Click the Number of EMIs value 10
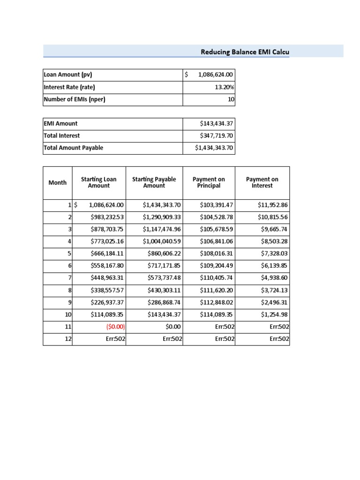click(231, 99)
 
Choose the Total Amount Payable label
click(73, 148)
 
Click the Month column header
click(58, 183)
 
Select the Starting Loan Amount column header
click(99, 183)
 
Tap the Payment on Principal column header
click(209, 183)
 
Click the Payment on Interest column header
click(262, 183)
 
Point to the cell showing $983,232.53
click(107, 217)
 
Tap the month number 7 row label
click(69, 278)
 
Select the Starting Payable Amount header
click(154, 183)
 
